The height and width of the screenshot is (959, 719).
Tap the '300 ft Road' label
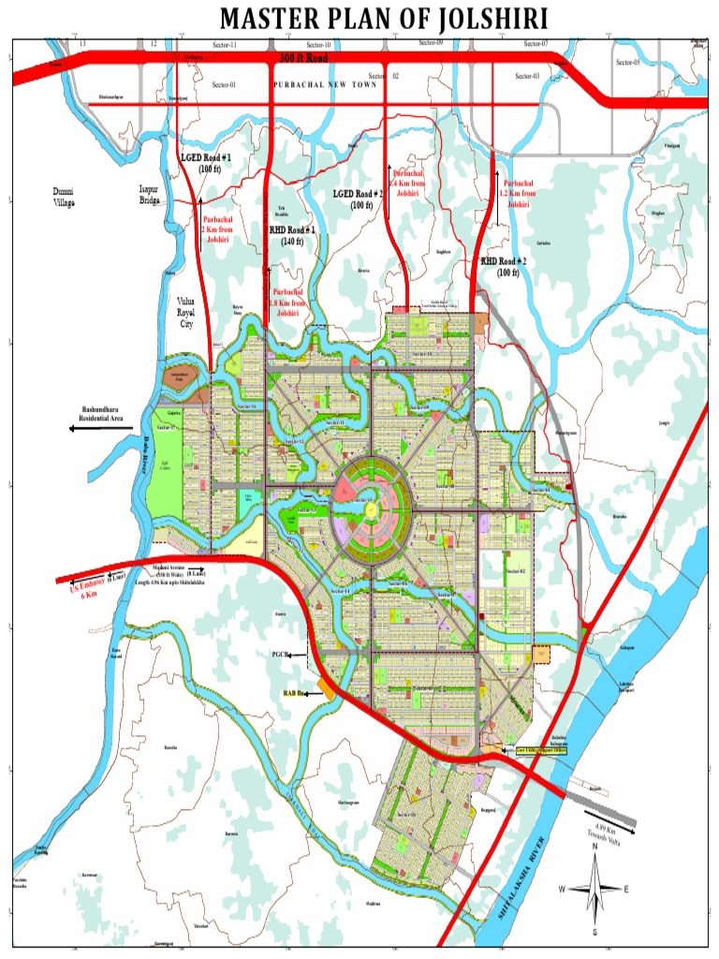(303, 58)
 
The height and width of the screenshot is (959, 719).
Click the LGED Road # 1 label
(206, 163)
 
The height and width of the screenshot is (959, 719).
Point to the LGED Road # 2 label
(359, 199)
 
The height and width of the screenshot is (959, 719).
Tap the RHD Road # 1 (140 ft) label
(292, 235)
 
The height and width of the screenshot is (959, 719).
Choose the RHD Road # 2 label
(504, 267)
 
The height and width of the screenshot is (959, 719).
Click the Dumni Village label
(64, 197)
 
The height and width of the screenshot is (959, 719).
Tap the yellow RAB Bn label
(295, 693)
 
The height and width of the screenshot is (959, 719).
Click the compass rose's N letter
(594, 848)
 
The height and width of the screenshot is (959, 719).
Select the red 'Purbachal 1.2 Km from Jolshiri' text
(518, 194)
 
